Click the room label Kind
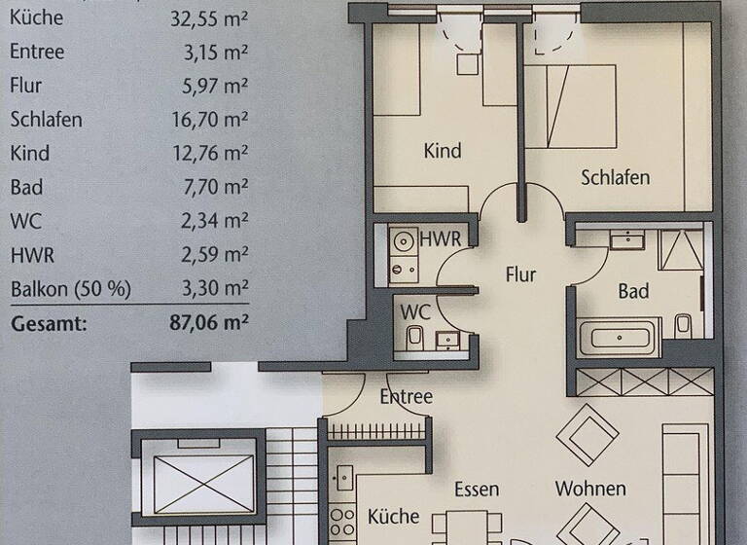[x=443, y=151]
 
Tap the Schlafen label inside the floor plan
[x=615, y=177]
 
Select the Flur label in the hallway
[x=520, y=274]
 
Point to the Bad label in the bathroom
[x=632, y=291]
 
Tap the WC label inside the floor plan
[x=417, y=313]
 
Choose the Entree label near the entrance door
[x=406, y=396]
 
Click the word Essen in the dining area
[x=477, y=489]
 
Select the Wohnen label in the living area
[x=590, y=489]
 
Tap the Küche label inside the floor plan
[x=393, y=516]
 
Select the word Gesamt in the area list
[x=49, y=323]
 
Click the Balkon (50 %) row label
[x=70, y=289]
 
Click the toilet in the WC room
[x=415, y=337]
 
